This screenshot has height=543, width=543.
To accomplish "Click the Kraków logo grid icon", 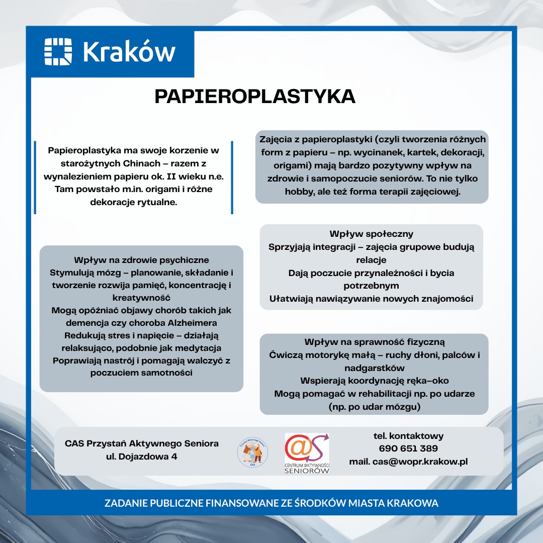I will click(x=58, y=51).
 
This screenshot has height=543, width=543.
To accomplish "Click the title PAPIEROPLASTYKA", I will click(x=255, y=97).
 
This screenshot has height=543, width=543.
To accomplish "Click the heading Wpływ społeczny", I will click(x=371, y=234).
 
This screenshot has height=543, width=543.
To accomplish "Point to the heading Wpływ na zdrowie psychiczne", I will click(x=141, y=260).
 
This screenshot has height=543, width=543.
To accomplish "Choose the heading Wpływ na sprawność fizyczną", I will click(x=375, y=342).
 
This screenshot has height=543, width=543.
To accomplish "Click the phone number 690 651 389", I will click(x=408, y=448).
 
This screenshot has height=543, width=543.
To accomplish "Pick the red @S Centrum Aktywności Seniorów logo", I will click(x=307, y=451).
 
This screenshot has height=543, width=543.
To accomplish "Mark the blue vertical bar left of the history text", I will click(x=35, y=177).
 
